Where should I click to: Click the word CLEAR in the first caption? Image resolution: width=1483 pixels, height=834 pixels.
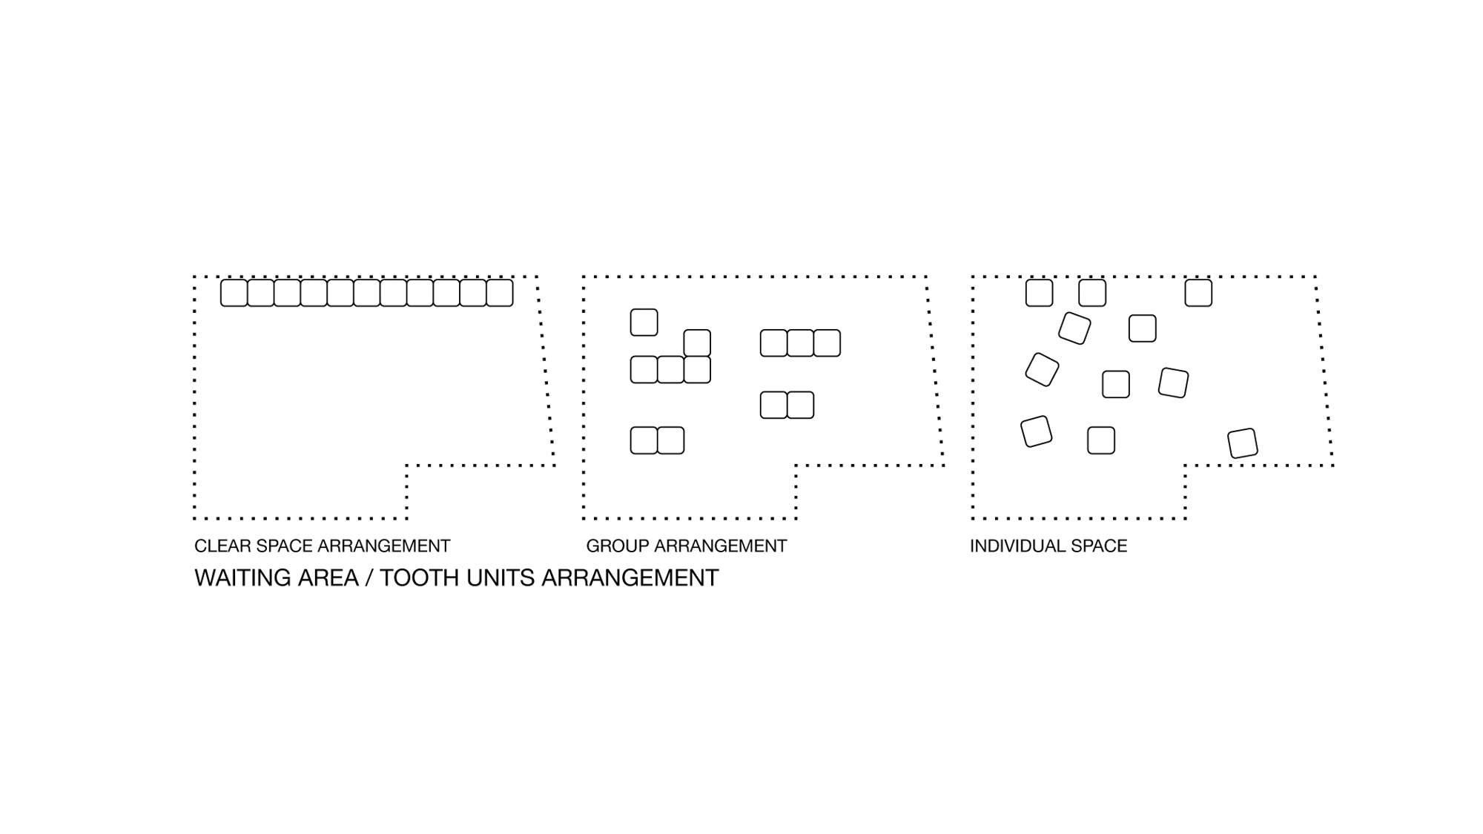pos(217,546)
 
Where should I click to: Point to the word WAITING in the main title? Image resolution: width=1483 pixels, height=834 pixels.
pos(242,578)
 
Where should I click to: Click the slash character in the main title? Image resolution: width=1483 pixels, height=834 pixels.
pos(369,578)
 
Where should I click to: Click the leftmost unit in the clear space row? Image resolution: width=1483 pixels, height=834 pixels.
pos(234,293)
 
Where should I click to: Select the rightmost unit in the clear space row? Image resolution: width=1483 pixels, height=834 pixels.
pos(500,293)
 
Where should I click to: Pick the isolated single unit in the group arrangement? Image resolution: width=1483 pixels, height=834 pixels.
pos(644,322)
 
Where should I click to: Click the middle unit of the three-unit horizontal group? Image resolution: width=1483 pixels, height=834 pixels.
pos(800,343)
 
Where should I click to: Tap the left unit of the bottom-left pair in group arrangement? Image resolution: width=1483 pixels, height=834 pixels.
pos(644,440)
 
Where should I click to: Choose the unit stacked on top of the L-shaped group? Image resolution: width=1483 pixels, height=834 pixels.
pos(697,343)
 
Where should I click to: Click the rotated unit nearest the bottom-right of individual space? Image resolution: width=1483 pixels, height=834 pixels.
pos(1243,443)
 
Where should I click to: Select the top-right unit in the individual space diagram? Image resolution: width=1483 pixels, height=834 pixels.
pos(1198,293)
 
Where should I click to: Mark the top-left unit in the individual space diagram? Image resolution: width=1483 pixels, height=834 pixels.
pos(1039,293)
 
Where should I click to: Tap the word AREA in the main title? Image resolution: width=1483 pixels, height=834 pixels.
pos(328,578)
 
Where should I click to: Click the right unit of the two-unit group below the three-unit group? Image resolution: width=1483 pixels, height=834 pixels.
pos(800,406)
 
